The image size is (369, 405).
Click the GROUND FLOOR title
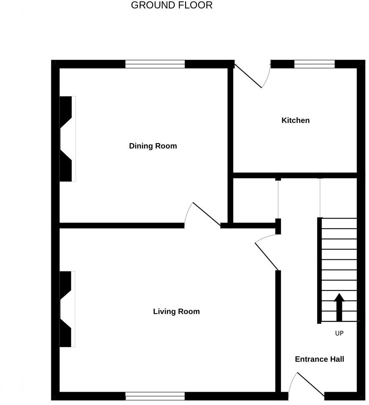tap(171, 5)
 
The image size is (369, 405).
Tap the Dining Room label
tap(153, 146)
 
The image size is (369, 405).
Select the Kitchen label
tap(296, 121)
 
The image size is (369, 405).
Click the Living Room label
tap(176, 311)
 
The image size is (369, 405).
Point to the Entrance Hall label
tap(319, 359)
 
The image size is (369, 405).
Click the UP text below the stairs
tap(339, 333)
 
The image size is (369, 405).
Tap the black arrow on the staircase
tap(339, 307)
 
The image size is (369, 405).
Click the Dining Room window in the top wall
tap(155, 64)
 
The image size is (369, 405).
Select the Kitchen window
tap(314, 64)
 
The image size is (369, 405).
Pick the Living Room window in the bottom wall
tap(155, 396)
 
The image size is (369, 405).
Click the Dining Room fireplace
tap(67, 139)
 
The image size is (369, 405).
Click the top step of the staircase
tap(339, 223)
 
